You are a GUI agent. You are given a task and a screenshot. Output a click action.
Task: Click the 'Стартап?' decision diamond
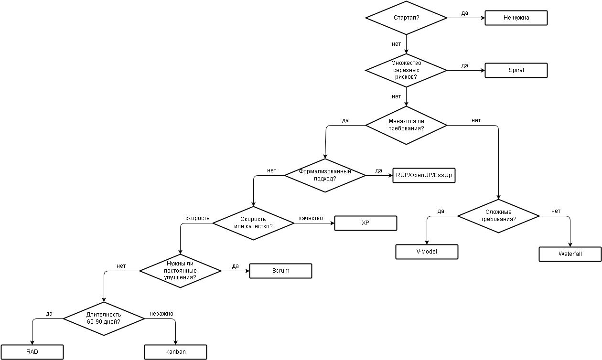click(x=406, y=18)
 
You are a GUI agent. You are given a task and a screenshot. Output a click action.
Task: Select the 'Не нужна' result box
click(x=516, y=18)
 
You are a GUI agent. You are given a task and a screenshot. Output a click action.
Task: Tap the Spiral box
click(x=516, y=70)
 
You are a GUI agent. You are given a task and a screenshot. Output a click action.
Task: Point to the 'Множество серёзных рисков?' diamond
click(x=406, y=70)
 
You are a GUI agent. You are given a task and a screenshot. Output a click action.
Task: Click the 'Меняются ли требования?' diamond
click(x=406, y=125)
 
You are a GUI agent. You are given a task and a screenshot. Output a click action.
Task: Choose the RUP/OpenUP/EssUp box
click(x=424, y=175)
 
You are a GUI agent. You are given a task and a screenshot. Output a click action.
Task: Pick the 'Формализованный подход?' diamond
click(x=325, y=175)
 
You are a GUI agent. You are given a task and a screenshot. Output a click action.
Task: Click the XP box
click(x=365, y=223)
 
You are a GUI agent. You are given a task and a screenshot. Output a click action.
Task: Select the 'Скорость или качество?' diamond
click(x=253, y=223)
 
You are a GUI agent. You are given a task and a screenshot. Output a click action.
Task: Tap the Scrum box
click(x=280, y=271)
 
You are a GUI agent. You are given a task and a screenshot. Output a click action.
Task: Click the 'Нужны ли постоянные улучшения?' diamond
click(x=180, y=271)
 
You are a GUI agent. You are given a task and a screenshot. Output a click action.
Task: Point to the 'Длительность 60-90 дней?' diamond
click(x=104, y=318)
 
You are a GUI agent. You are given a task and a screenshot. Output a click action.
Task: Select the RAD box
click(x=32, y=352)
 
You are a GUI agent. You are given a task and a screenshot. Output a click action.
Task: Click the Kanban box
click(x=175, y=352)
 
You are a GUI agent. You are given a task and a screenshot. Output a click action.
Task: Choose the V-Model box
click(x=427, y=252)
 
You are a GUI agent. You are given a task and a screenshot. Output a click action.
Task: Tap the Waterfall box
click(x=570, y=254)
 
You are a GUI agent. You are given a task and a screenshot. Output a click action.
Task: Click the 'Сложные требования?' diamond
click(x=498, y=216)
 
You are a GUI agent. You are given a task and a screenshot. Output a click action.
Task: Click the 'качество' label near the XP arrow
click(x=311, y=218)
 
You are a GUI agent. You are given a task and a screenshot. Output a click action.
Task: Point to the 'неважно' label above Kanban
click(x=161, y=314)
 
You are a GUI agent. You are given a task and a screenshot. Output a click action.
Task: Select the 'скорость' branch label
click(x=197, y=218)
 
